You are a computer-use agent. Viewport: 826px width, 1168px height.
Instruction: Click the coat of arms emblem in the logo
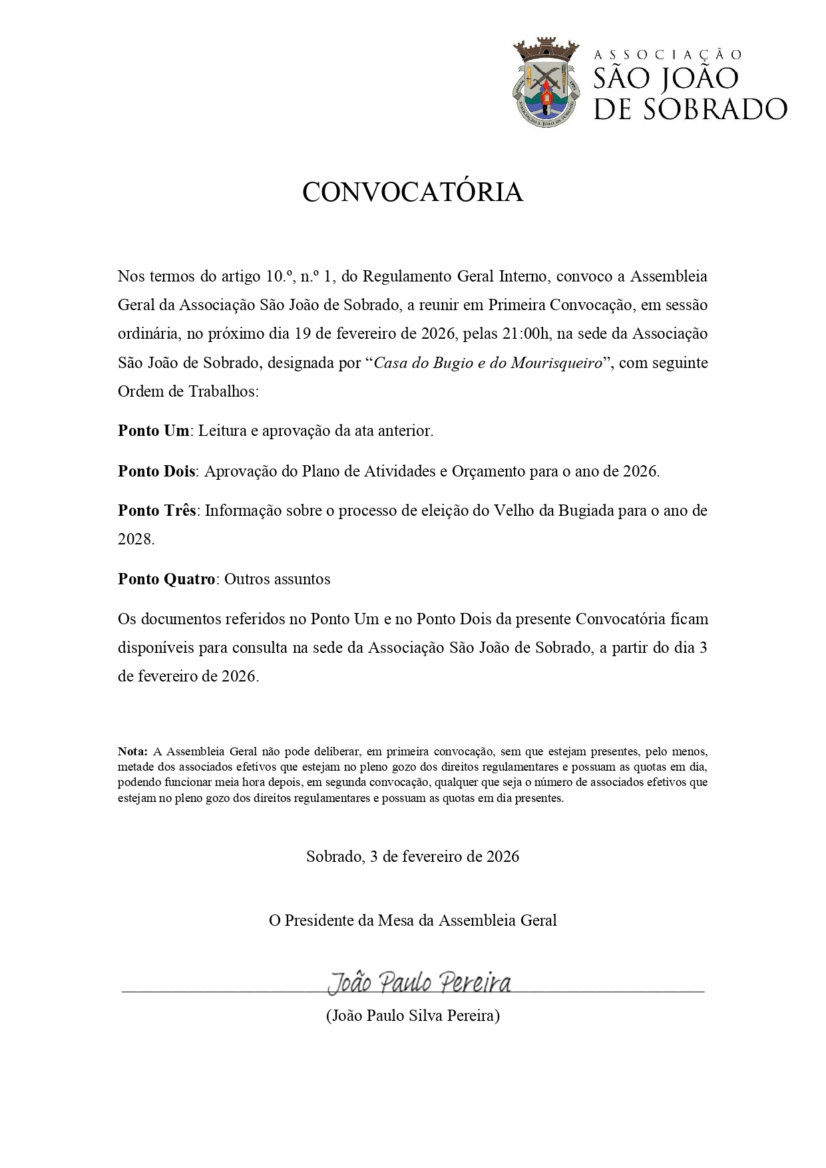point(545,81)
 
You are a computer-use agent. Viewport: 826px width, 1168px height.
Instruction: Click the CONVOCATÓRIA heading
point(413,192)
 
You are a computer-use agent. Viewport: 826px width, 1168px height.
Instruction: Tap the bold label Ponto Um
point(154,431)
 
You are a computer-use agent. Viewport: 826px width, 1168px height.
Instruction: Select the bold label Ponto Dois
point(156,471)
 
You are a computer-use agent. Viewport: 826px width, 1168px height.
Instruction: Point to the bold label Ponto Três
point(157,510)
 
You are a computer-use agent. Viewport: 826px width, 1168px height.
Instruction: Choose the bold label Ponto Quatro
point(166,579)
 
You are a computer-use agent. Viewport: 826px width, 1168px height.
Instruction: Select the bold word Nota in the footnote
point(132,751)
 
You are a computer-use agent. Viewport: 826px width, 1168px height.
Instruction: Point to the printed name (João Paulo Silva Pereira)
point(413,1016)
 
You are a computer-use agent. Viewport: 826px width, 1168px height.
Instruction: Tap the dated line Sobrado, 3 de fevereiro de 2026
point(413,856)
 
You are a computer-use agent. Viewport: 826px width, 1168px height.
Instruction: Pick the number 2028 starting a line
point(135,539)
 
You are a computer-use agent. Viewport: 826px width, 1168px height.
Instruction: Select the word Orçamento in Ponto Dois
point(488,471)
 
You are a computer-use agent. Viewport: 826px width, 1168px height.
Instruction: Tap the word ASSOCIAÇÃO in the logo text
point(667,55)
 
